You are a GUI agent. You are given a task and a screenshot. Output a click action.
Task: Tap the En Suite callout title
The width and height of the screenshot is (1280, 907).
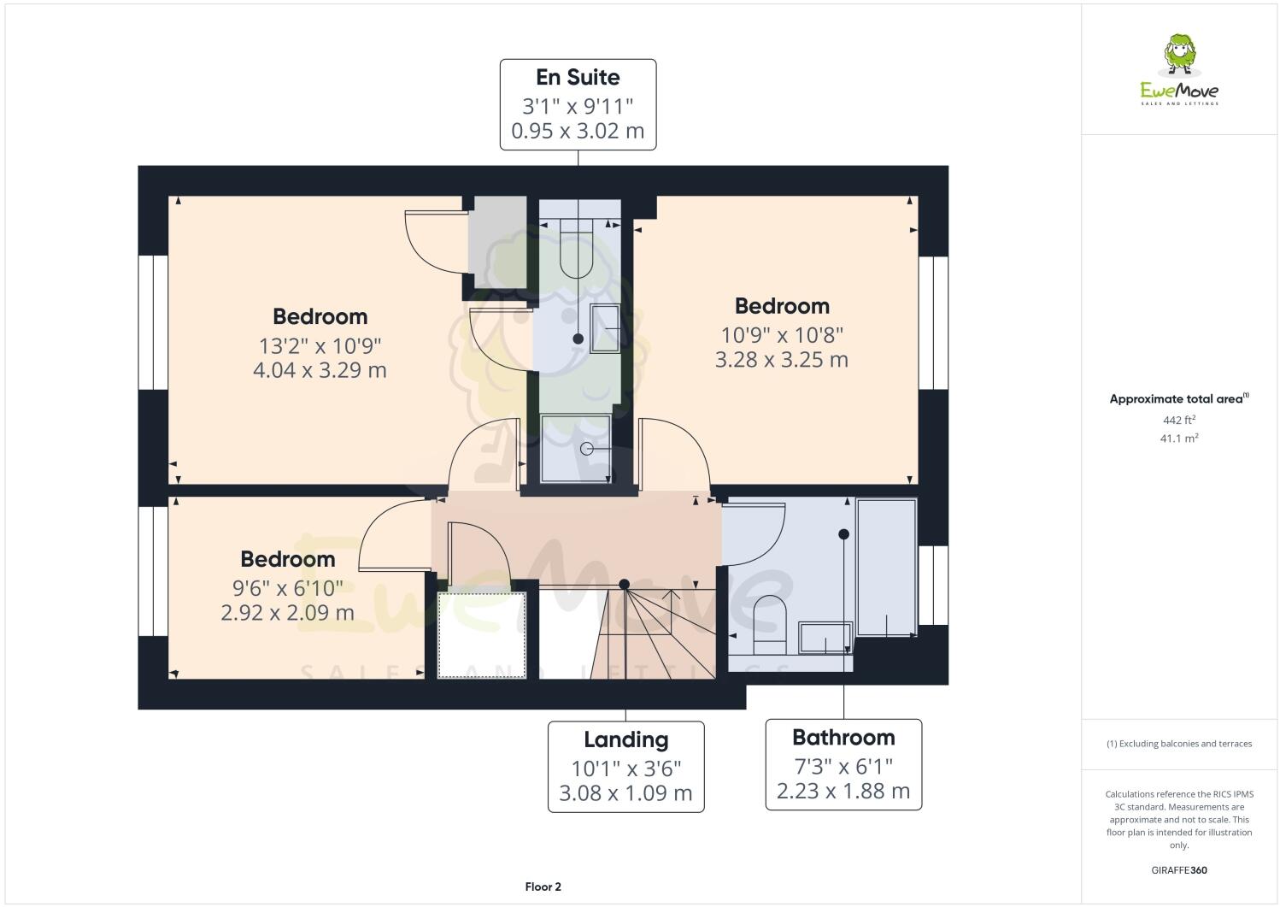click(x=578, y=77)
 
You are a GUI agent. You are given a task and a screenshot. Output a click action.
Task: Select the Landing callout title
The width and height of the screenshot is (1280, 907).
click(x=625, y=739)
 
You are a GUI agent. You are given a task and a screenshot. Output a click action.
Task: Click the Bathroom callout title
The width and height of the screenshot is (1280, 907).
click(x=843, y=737)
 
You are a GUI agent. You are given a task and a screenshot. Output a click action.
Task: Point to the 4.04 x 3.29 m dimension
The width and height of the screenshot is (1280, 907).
click(x=320, y=370)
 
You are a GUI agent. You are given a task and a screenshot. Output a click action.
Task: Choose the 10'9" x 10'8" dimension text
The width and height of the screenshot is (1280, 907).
click(x=781, y=334)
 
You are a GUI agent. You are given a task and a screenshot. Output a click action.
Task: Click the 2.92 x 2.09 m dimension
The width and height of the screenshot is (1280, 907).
click(x=287, y=612)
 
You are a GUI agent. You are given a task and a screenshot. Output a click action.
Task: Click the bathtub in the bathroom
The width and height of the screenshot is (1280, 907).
click(x=886, y=567)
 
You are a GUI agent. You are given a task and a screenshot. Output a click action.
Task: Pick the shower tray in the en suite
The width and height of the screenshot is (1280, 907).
click(x=577, y=448)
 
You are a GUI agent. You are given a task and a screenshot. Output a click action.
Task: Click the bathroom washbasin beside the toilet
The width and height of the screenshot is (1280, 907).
click(x=825, y=638)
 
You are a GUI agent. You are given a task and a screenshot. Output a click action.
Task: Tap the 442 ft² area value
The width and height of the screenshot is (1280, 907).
click(x=1179, y=420)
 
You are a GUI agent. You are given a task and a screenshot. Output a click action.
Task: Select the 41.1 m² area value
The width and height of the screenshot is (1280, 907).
click(x=1179, y=438)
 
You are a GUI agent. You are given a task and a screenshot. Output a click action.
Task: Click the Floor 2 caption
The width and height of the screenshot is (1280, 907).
click(x=543, y=886)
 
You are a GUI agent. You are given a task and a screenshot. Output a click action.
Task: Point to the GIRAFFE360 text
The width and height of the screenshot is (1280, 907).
click(x=1179, y=870)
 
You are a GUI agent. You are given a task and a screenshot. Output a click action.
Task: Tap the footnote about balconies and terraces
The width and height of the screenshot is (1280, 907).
click(x=1179, y=744)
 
